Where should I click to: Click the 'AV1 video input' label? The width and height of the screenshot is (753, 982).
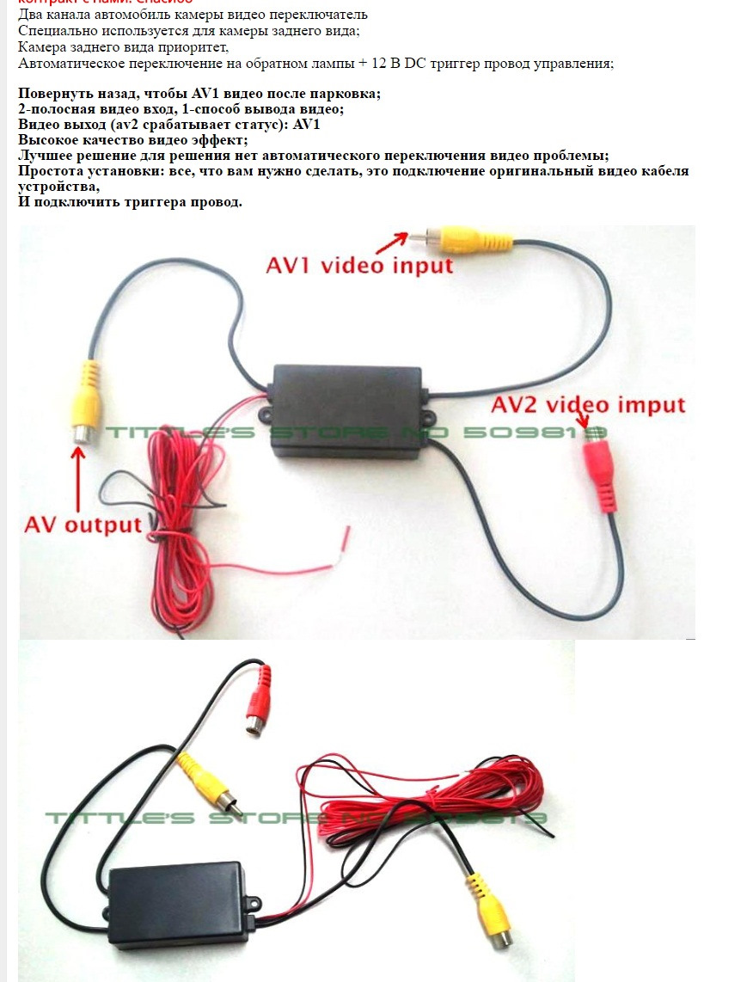359,265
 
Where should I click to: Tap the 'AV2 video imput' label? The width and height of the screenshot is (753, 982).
588,404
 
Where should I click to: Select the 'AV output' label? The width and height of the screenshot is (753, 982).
83,525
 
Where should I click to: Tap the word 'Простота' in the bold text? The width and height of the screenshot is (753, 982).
52,171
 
